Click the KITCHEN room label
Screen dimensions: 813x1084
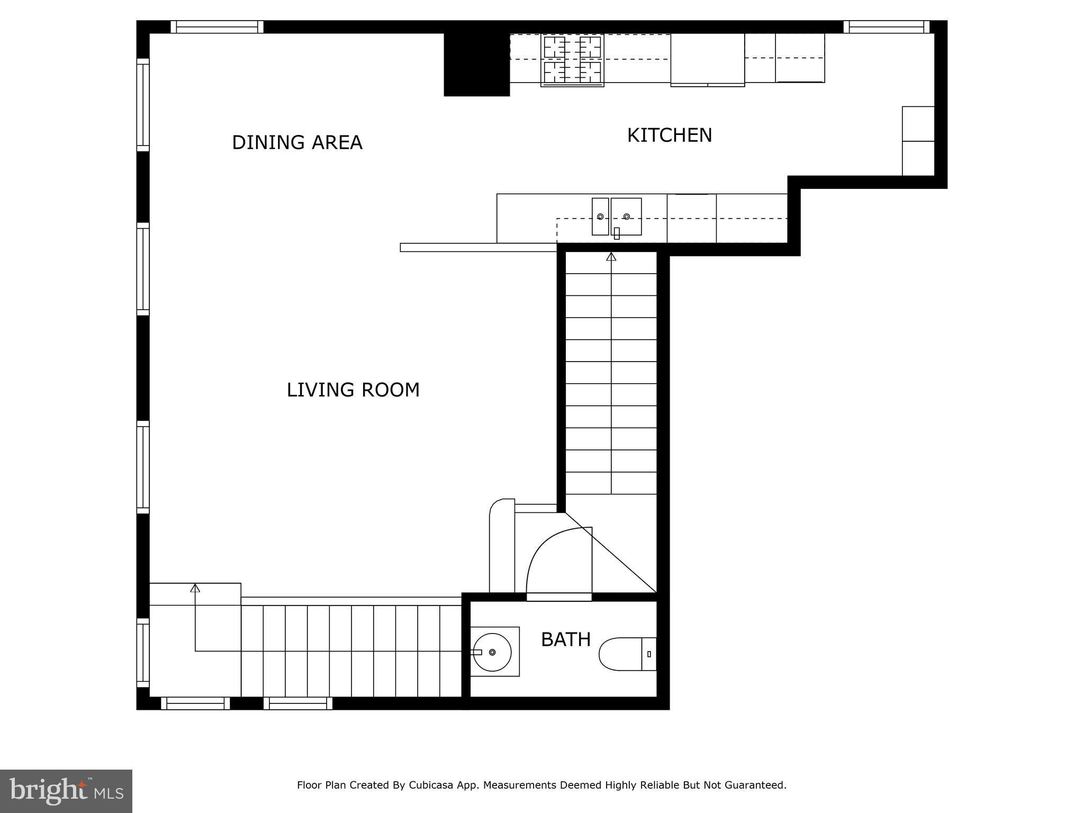[x=670, y=135]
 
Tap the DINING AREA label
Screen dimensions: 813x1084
[x=297, y=142]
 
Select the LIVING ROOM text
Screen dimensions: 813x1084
[x=353, y=390]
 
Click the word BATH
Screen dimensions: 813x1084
[x=565, y=640]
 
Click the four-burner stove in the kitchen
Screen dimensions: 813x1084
[x=572, y=60]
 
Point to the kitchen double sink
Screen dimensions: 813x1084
[x=617, y=216]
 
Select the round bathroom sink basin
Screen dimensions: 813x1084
[x=492, y=652]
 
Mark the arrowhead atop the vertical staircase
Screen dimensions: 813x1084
[x=611, y=257]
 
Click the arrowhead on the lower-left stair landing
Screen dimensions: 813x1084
[x=195, y=588]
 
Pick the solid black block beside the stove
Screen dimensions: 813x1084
[x=476, y=64]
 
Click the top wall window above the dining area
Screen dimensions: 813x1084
[x=217, y=26]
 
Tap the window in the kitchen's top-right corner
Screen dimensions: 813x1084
[x=886, y=26]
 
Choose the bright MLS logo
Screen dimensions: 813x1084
[x=66, y=791]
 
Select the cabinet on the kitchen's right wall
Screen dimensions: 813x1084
[x=918, y=141]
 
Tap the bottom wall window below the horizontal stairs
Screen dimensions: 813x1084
[x=298, y=703]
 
